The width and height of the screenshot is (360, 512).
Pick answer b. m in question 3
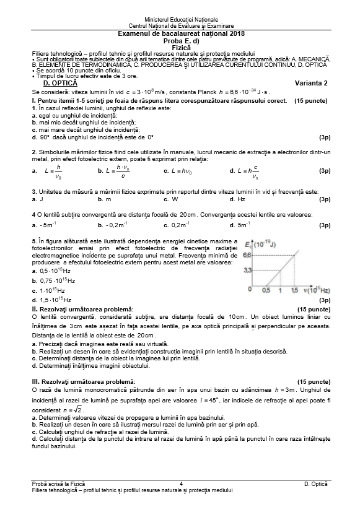click(104, 199)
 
